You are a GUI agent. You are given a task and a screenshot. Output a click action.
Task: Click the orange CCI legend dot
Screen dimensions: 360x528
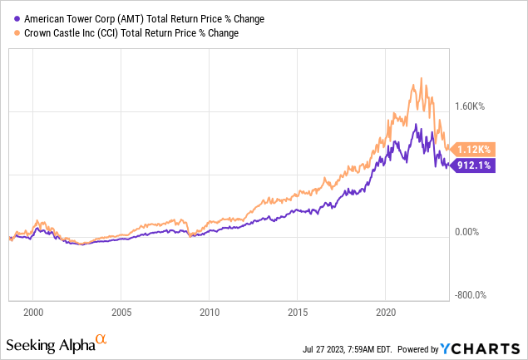(9, 33)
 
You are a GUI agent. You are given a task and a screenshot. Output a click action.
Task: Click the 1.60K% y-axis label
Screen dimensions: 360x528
(473, 106)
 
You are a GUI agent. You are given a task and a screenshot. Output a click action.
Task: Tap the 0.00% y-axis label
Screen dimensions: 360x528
(471, 233)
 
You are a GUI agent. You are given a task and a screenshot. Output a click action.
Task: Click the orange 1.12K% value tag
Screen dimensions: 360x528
(475, 149)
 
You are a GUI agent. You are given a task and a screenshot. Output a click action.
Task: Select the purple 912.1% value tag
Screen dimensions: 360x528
(474, 165)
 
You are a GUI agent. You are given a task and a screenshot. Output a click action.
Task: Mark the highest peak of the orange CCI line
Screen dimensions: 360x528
(423, 78)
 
